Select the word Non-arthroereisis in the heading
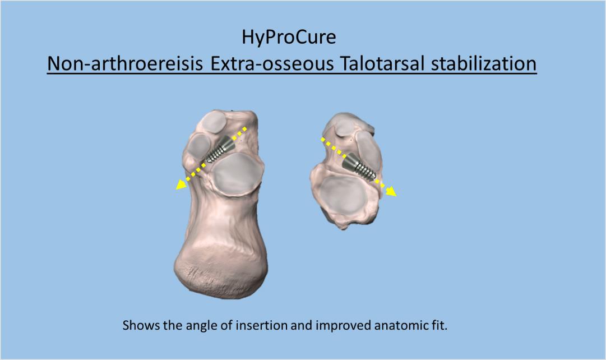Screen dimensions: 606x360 pyautogui.click(x=125, y=63)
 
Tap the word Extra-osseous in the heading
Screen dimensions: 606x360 pyautogui.click(x=272, y=63)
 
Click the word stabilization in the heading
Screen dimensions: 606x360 pyautogui.click(x=483, y=63)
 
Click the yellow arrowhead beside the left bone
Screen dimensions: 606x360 pyautogui.click(x=181, y=185)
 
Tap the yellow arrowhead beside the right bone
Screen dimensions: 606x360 pyautogui.click(x=391, y=191)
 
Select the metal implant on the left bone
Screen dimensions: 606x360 pyautogui.click(x=219, y=149)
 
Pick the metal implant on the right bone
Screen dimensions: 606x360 pyautogui.click(x=359, y=167)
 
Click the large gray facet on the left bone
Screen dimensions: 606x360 pyautogui.click(x=237, y=174)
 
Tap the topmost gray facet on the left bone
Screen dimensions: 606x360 pyautogui.click(x=212, y=122)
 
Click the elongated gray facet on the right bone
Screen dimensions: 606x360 pyautogui.click(x=368, y=150)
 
